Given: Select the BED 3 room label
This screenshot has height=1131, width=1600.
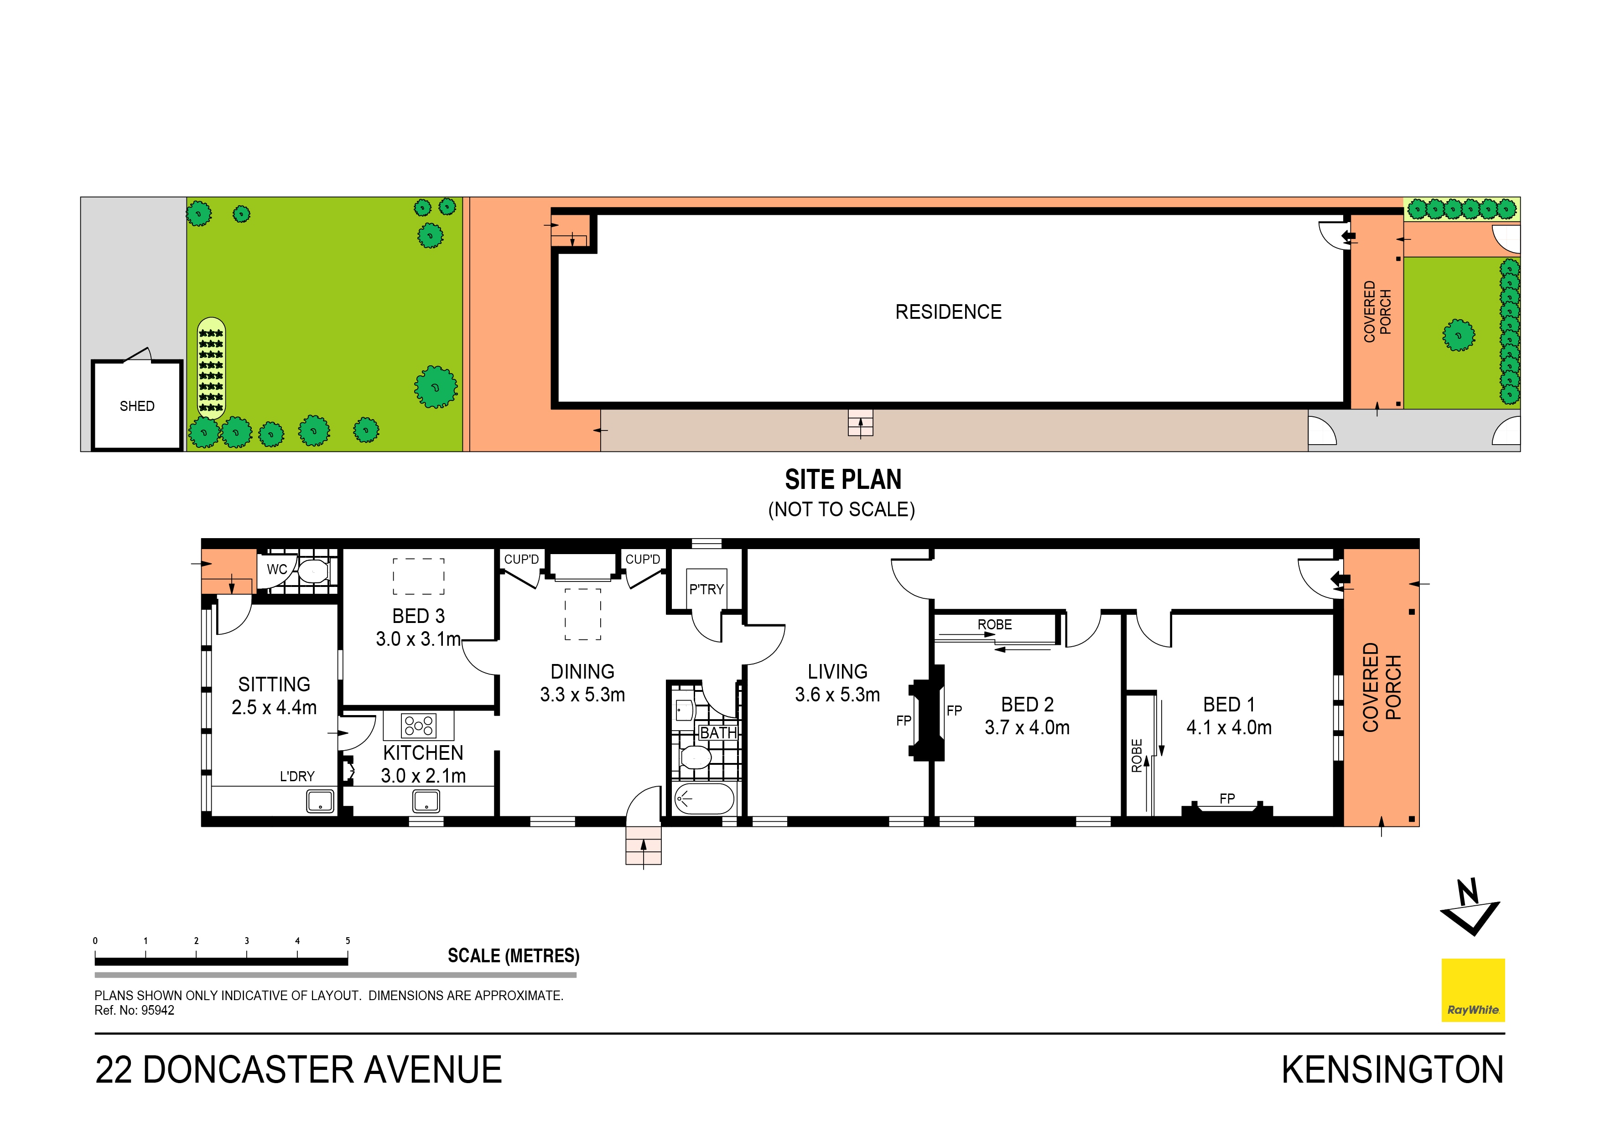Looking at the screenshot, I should (x=418, y=616).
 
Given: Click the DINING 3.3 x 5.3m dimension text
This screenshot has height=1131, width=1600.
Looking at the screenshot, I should (x=582, y=695).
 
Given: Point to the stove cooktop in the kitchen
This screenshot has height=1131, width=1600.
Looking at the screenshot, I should (x=418, y=726).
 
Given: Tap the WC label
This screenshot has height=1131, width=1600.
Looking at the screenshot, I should (x=277, y=569).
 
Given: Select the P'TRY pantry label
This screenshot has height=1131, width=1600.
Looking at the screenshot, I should (x=706, y=590).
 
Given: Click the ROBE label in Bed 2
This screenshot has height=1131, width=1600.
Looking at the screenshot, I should (x=994, y=624).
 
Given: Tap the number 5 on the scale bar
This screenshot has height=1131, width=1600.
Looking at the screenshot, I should (x=348, y=941).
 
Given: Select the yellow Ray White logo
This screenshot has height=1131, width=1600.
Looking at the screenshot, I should (x=1472, y=990).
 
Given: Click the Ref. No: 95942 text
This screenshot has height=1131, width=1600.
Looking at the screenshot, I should (x=135, y=1011).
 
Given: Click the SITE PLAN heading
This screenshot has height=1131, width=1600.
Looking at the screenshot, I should (x=842, y=480).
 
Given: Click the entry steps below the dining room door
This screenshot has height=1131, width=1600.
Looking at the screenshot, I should (x=643, y=846).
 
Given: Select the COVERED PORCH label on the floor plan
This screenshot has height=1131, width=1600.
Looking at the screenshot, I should (x=1381, y=687).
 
